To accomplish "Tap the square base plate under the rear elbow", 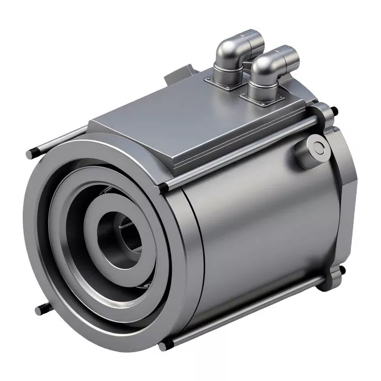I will click(224, 83).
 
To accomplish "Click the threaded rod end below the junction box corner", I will click(164, 188).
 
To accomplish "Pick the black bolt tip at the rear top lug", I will click(334, 110).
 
